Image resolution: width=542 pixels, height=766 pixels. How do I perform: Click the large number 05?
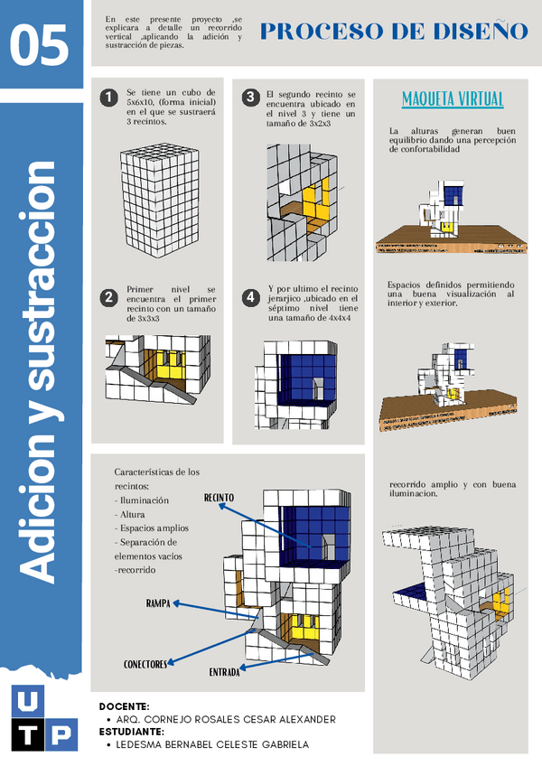[41, 45]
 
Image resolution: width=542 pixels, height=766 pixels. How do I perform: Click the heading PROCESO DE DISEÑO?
[394, 32]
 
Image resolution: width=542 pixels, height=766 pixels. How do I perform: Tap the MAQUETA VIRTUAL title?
[452, 98]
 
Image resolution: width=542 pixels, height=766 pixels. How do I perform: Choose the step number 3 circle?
[250, 97]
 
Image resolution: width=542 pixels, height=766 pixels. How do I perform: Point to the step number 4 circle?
[250, 296]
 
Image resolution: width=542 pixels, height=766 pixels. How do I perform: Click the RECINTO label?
[219, 498]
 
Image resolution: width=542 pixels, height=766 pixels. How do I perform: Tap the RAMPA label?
[159, 603]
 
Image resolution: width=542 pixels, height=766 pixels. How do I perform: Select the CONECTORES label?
[145, 664]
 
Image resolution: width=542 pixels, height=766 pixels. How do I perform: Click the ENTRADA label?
[224, 673]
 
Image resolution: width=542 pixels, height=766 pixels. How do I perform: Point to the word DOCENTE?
[124, 706]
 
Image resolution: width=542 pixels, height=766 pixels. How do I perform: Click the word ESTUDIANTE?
[131, 732]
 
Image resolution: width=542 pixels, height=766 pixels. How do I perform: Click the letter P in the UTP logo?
[60, 733]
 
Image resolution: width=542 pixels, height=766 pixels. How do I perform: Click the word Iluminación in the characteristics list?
[145, 500]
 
